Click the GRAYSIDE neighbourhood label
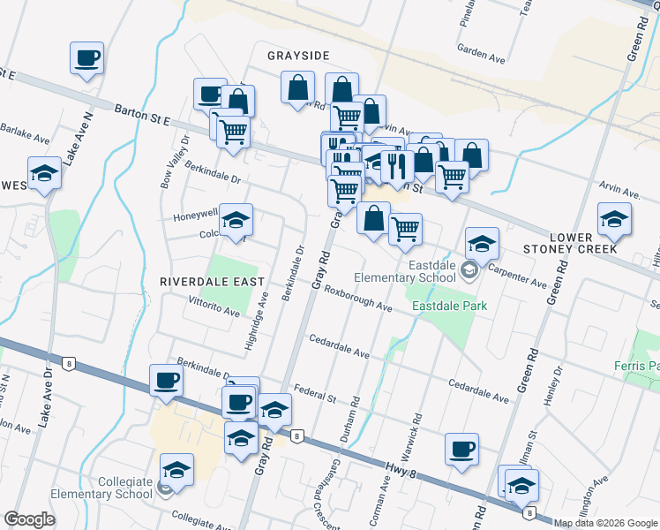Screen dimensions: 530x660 click(298, 56)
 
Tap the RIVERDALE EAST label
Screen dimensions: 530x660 click(212, 281)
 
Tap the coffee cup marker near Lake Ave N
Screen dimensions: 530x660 click(87, 59)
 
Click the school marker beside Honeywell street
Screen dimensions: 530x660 click(236, 221)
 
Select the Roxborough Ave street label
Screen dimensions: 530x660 click(357, 298)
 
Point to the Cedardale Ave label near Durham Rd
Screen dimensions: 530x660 click(339, 346)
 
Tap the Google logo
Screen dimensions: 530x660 click(29, 519)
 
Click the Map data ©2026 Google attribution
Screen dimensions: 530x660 click(604, 523)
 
